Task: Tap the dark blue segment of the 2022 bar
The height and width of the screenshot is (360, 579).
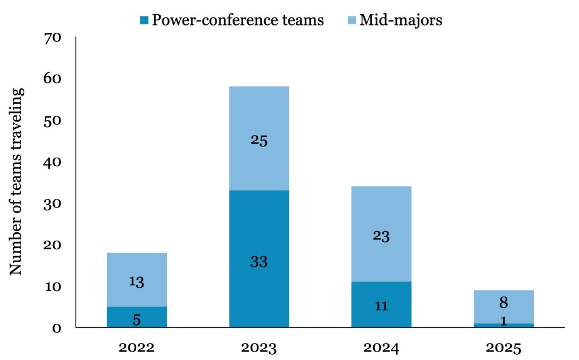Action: pyautogui.click(x=137, y=317)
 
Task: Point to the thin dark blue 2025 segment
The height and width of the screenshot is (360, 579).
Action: pyautogui.click(x=503, y=325)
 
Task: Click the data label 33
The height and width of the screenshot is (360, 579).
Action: pyautogui.click(x=259, y=262)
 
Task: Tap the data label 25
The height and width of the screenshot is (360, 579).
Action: pyautogui.click(x=259, y=140)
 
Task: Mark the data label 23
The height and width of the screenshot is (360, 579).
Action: pyautogui.click(x=381, y=236)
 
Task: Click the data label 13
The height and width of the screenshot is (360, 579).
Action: pyautogui.click(x=136, y=282)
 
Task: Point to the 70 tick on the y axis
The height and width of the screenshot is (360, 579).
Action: pyautogui.click(x=55, y=38)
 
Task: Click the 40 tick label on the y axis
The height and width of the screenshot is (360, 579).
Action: pyautogui.click(x=55, y=163)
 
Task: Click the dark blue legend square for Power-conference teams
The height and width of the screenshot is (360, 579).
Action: pyautogui.click(x=144, y=21)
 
